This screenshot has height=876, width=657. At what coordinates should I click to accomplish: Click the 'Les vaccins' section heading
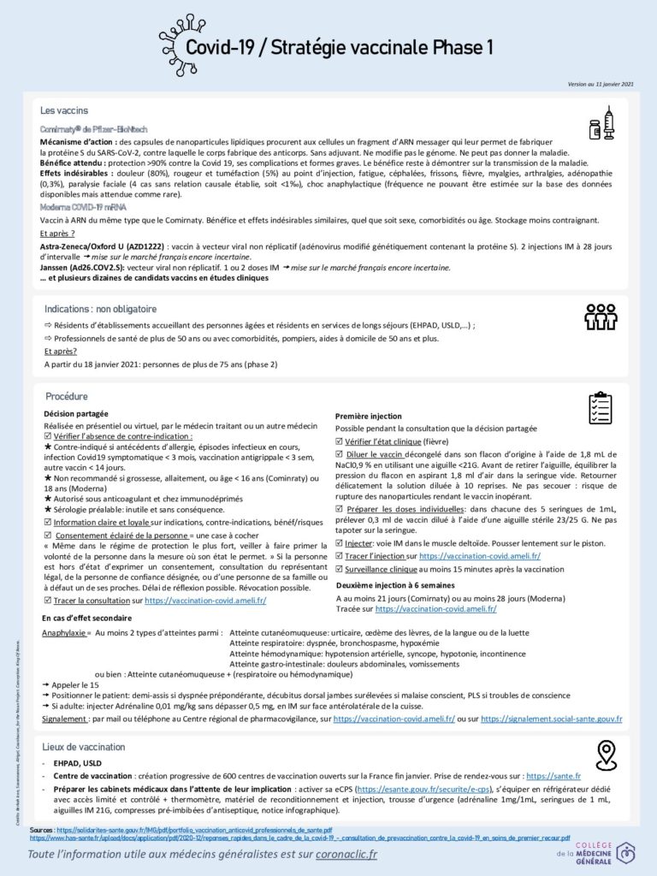pos(63,111)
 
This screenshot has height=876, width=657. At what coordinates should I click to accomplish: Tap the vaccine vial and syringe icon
pos(602,124)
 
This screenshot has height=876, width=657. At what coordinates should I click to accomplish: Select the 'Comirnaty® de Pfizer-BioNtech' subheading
pos(93,127)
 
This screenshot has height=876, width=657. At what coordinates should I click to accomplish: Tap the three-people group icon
pos(601,317)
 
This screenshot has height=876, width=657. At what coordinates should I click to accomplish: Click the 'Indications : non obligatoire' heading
pos(100,309)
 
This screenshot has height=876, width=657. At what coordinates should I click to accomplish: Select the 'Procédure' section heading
pos(67,396)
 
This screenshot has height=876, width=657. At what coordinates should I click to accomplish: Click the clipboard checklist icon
pos(601,408)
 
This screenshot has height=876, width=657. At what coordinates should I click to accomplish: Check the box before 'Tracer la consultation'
pos(47,601)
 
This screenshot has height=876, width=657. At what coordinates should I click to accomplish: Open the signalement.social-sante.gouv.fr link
pos(551,720)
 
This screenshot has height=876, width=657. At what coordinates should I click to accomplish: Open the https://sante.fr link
pos(553,776)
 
